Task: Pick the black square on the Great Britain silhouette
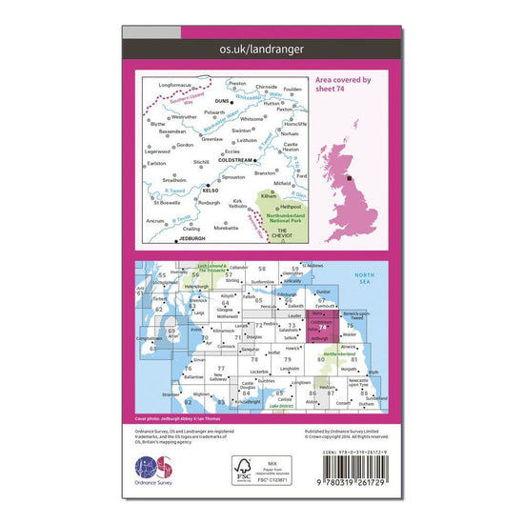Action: pyautogui.click(x=349, y=178)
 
